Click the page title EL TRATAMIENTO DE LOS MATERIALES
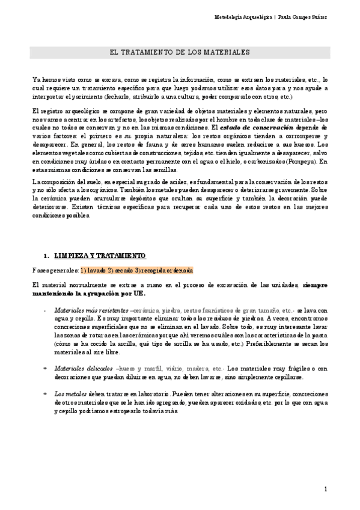(x=180, y=53)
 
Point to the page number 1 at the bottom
(x=325, y=490)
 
